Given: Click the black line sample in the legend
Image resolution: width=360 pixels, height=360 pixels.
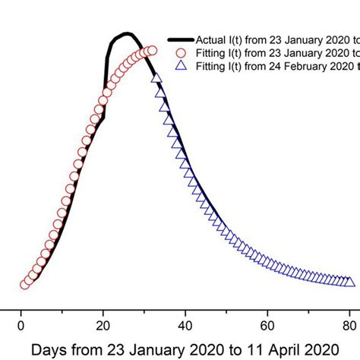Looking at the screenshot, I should click(x=180, y=39).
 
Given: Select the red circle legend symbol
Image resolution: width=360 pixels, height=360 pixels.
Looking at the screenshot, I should click(x=180, y=53).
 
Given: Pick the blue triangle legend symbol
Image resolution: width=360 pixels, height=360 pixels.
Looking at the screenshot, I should click(x=181, y=67).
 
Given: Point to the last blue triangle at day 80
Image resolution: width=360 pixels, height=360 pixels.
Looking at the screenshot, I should click(x=349, y=283).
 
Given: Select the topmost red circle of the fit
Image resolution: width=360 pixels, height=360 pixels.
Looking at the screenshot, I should click(x=151, y=51).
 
